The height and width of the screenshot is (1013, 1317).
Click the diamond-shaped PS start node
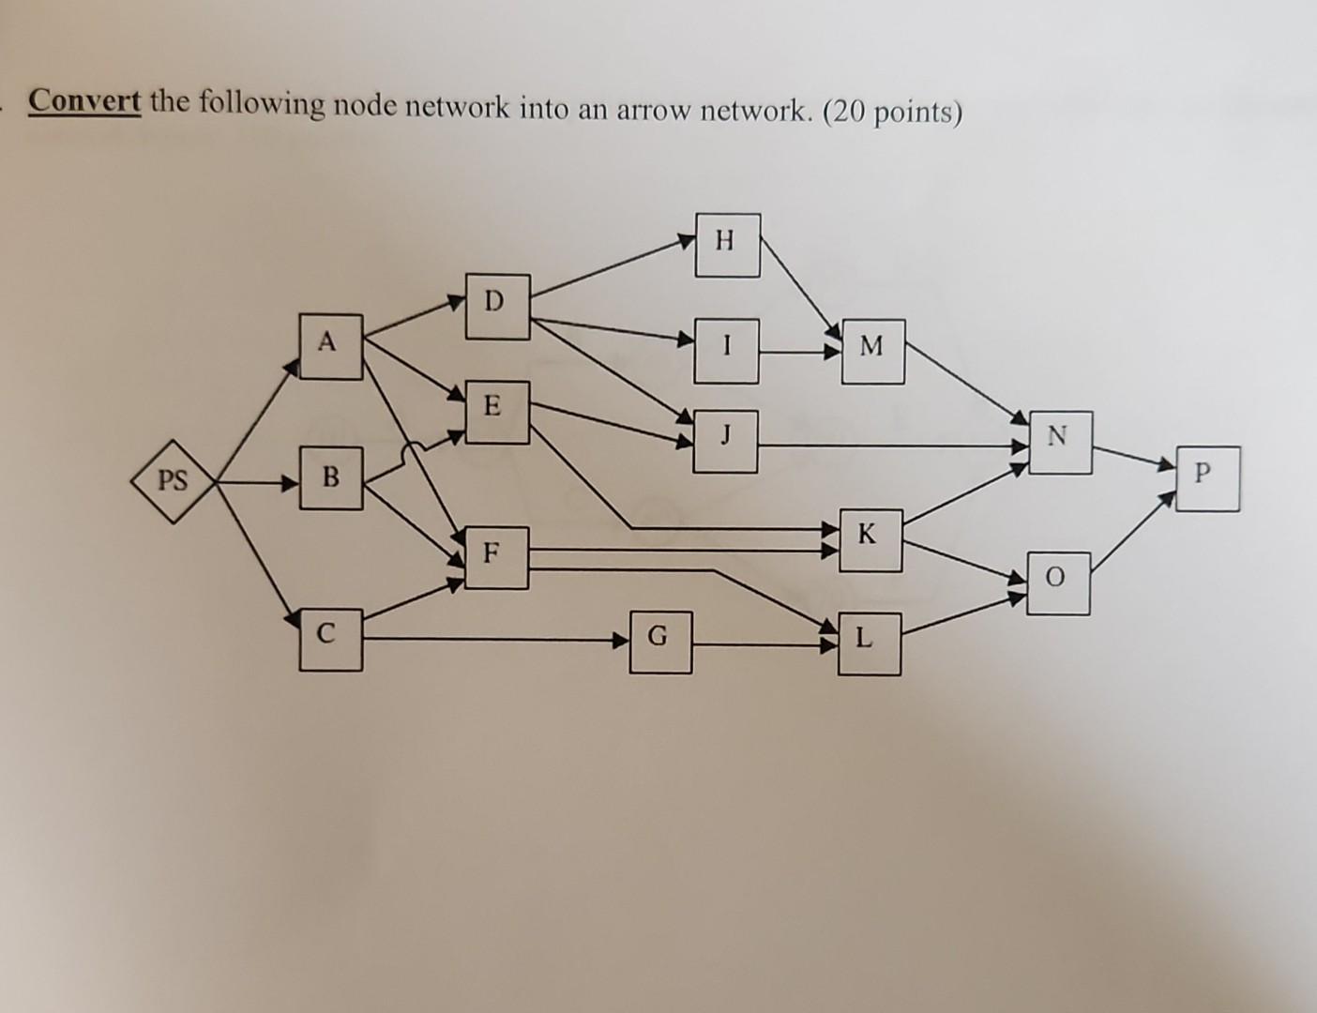173,482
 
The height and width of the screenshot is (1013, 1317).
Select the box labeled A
330,345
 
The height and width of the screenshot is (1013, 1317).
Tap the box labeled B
330,478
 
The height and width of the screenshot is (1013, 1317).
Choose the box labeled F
495,557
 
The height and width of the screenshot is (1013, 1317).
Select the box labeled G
660,642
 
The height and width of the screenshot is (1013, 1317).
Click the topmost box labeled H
727,244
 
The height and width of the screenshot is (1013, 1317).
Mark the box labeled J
726,439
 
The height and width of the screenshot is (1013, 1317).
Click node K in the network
870,540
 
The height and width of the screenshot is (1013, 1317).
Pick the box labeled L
869,643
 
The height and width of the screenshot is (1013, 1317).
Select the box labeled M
872,351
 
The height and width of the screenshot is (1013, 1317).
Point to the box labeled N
1059,441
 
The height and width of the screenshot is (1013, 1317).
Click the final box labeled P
1206,478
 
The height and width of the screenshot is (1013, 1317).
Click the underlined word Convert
84,100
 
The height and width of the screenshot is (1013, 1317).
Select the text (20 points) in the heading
892,113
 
